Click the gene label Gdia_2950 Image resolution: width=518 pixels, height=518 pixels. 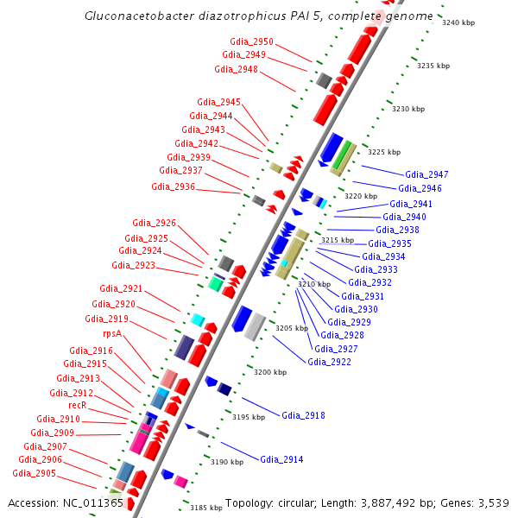tap(251, 41)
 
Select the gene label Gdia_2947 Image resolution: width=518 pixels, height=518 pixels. tap(426, 174)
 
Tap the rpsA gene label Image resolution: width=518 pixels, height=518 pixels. tap(112, 332)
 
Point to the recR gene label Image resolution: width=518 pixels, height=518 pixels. tap(77, 405)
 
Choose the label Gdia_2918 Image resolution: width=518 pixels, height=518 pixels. tap(303, 415)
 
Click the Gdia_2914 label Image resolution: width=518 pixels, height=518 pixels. tap(281, 459)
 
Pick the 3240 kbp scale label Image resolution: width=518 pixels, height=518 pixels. tap(458, 23)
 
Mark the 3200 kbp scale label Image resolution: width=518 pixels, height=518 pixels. tap(270, 372)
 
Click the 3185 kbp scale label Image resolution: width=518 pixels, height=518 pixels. tap(206, 509)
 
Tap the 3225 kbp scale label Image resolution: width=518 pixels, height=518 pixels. tap(384, 152)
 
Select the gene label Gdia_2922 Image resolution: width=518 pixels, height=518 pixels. tap(329, 362)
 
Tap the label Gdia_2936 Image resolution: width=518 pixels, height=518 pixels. tap(173, 186)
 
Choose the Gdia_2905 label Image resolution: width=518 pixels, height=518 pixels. tap(34, 473)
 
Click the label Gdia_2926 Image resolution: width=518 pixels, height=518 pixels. tap(154, 223)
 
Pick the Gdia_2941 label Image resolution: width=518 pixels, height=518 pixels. tap(411, 204)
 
